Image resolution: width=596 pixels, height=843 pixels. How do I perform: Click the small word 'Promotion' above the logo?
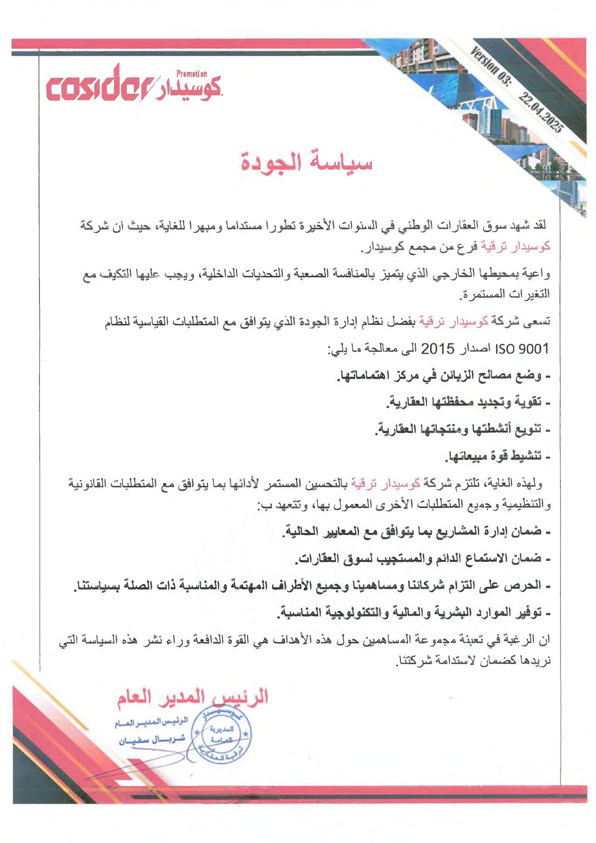click(191, 74)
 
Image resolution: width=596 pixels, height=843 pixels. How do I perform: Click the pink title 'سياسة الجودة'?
click(307, 163)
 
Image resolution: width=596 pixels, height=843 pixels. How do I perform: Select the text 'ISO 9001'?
click(521, 348)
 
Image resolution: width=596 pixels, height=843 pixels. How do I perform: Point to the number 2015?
click(437, 348)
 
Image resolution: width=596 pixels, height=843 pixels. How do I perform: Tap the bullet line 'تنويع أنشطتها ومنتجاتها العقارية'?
click(461, 428)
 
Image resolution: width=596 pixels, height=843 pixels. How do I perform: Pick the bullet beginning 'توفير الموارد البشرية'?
click(413, 613)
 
